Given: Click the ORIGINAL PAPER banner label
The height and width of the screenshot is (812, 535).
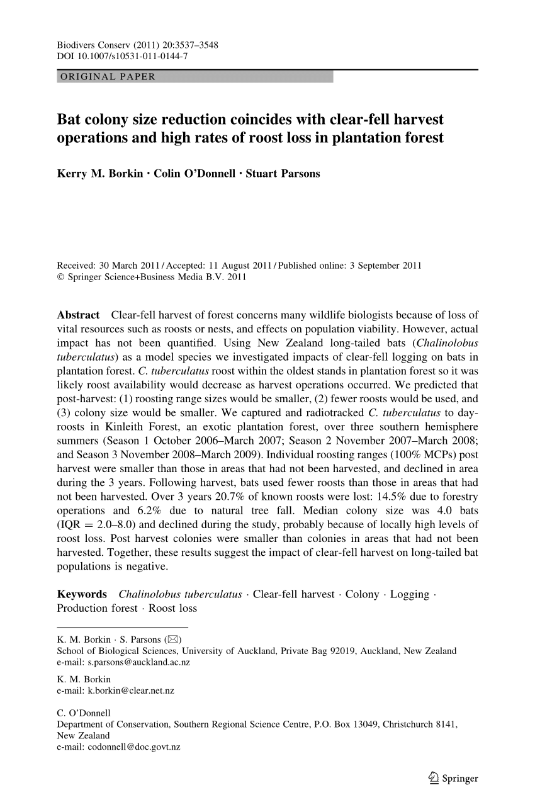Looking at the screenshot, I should (x=106, y=77).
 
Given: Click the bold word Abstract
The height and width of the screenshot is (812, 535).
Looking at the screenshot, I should (x=78, y=315).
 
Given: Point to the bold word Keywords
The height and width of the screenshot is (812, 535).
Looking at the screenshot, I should (x=82, y=594).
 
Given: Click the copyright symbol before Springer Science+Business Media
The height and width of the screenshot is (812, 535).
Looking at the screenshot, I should (x=60, y=276).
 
